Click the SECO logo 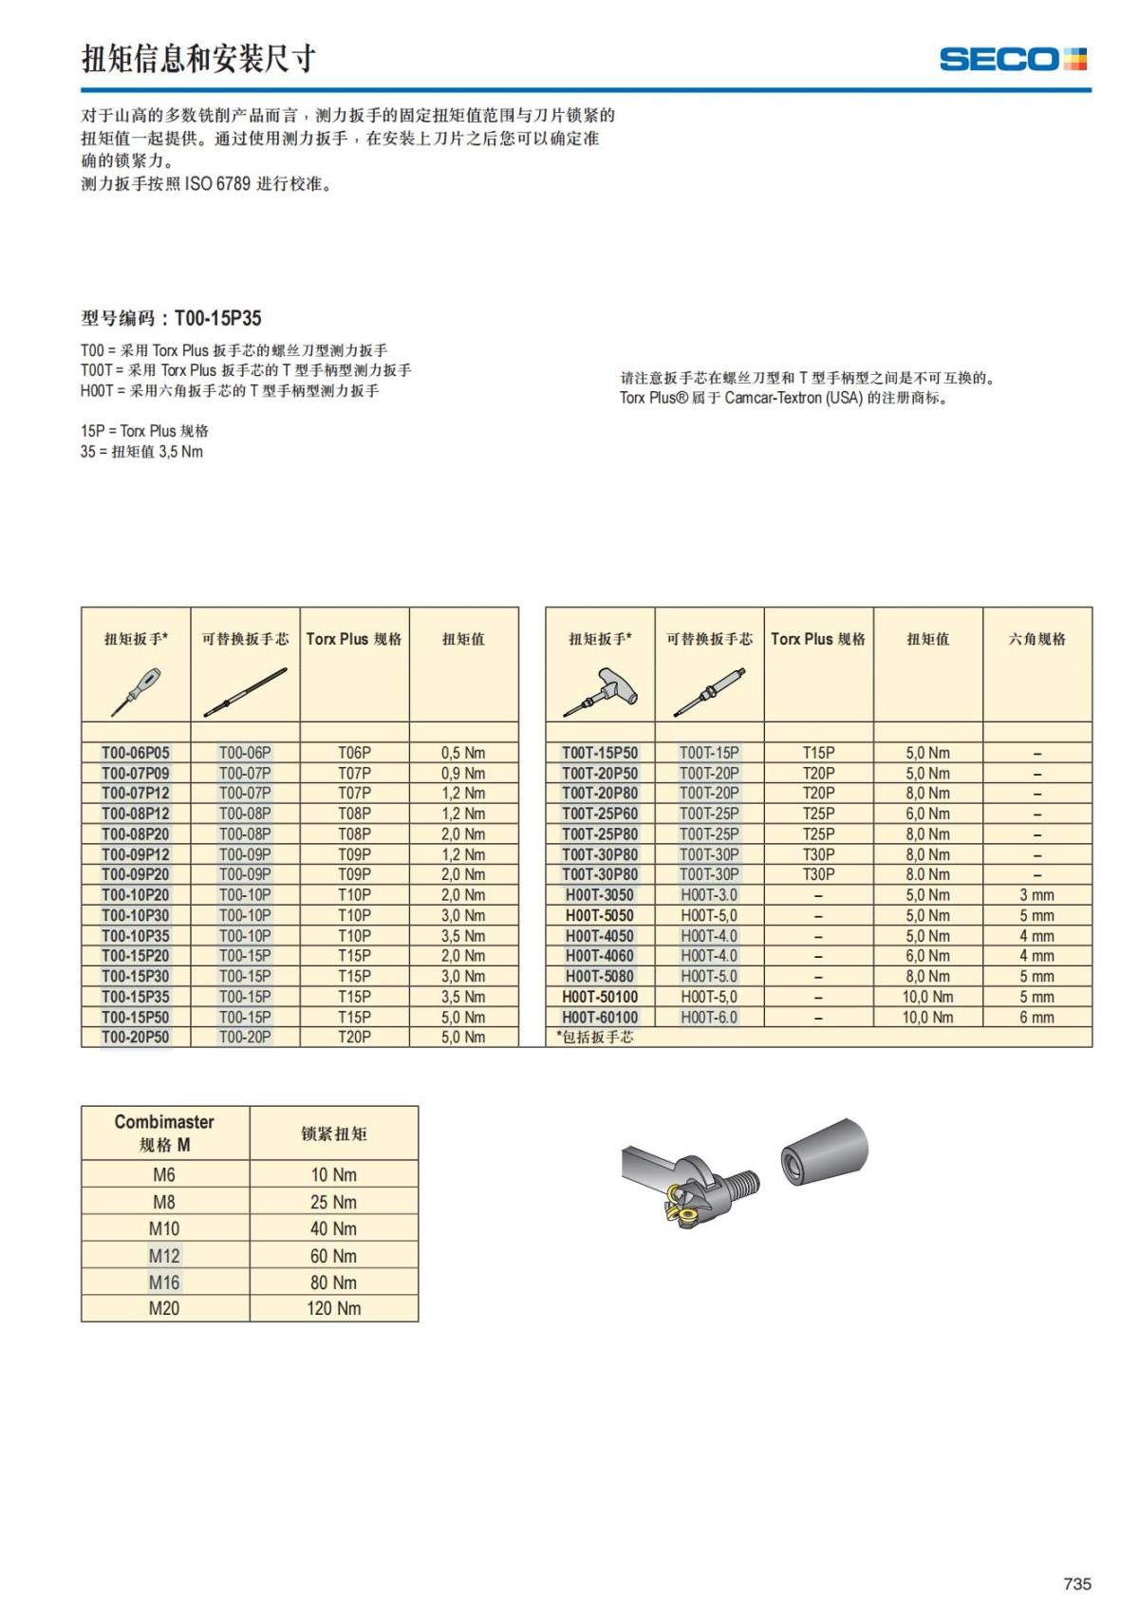click(1012, 59)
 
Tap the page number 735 click(1077, 1583)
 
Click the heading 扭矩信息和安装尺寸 click(198, 59)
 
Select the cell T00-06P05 click(136, 753)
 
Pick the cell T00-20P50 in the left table click(136, 1038)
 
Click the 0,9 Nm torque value click(463, 774)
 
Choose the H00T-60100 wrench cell click(600, 1018)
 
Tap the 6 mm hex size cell click(1036, 1018)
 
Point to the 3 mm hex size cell click(1036, 895)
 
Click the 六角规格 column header click(1036, 639)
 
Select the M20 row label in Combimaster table click(164, 1308)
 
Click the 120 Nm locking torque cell click(333, 1308)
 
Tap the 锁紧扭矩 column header click(333, 1133)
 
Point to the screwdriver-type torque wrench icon click(136, 690)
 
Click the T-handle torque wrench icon click(600, 690)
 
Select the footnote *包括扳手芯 click(595, 1038)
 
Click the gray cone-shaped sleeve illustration click(825, 1152)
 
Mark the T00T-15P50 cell click(600, 753)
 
